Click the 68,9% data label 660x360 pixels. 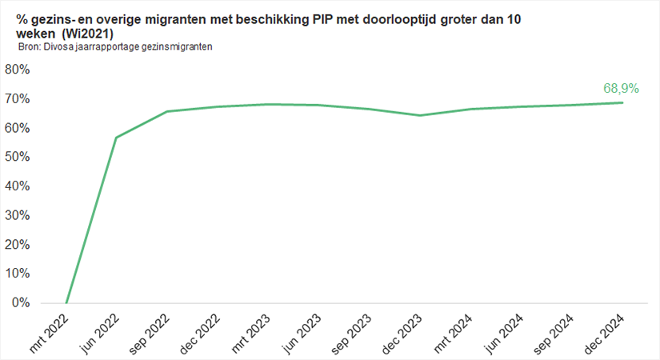point(620,89)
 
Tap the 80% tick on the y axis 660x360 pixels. point(18,70)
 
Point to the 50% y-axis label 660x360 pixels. point(18,157)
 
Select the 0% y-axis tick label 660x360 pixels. point(21,302)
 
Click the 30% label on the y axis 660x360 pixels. point(18,215)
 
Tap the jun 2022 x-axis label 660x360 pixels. point(102,329)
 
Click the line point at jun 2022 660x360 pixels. point(116,138)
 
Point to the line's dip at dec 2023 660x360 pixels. point(420,115)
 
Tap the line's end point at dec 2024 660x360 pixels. point(622,102)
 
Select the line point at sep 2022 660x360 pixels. point(166,111)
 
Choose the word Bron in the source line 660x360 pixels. point(28,47)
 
